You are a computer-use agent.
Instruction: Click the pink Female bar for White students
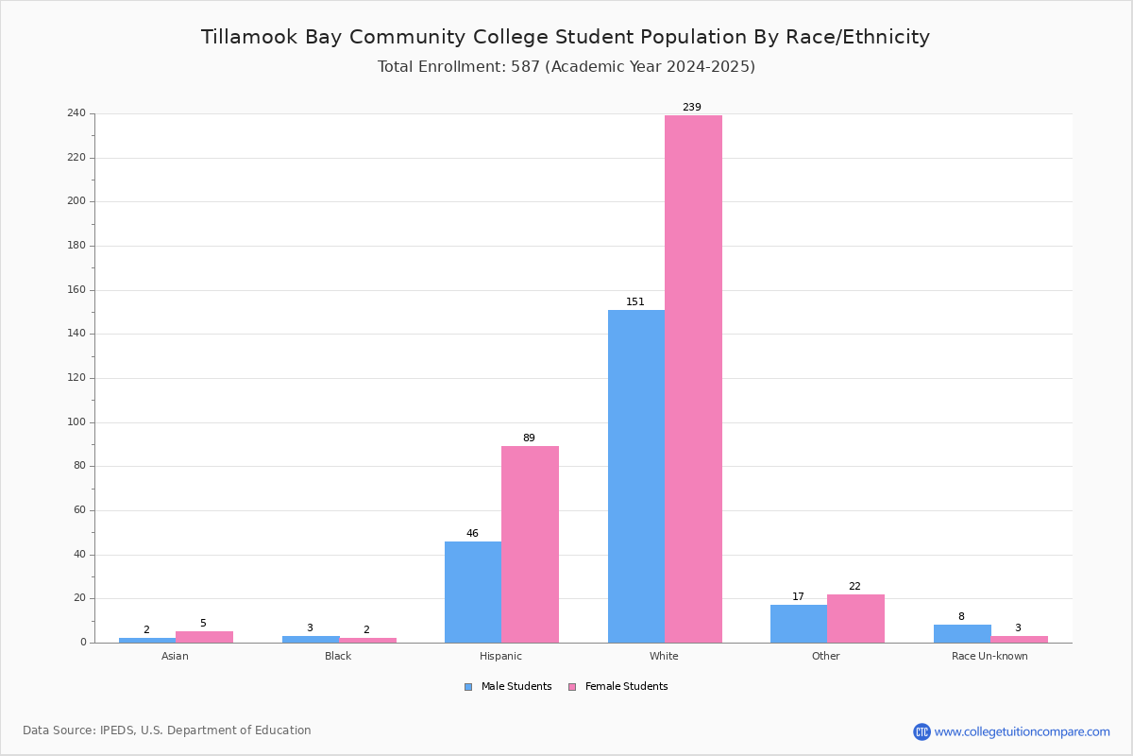coord(693,379)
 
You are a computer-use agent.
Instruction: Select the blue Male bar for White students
coord(636,476)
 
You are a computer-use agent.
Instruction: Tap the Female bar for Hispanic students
coord(530,544)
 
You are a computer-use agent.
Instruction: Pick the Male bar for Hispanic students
coord(473,592)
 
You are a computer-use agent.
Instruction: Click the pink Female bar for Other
coord(855,618)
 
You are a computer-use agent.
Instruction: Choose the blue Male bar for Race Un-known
coord(962,633)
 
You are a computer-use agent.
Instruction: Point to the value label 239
coord(692,107)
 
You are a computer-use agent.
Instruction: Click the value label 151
coord(635,301)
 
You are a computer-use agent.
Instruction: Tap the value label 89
coord(529,438)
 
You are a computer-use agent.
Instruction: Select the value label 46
coord(472,533)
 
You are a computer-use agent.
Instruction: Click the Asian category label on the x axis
coord(175,656)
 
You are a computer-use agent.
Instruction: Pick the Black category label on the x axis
coord(338,656)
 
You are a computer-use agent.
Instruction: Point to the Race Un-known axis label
coord(989,656)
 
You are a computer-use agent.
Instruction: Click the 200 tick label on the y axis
coord(76,201)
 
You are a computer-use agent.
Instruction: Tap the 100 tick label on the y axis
coord(76,422)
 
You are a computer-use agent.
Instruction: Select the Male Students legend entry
coord(508,686)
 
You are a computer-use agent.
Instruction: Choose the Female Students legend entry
coord(618,686)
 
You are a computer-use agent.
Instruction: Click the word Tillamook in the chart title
coord(249,37)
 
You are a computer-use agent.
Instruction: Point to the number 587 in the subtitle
coord(525,66)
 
